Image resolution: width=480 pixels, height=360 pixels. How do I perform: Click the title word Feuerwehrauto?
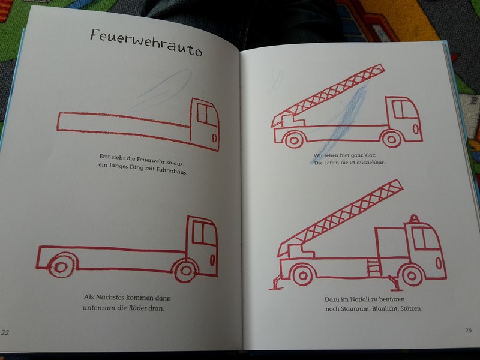(x=146, y=43)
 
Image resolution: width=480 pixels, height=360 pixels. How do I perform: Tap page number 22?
(x=5, y=332)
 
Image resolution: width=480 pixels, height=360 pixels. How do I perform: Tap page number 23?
(x=469, y=331)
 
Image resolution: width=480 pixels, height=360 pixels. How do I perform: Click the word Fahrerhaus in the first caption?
(x=172, y=170)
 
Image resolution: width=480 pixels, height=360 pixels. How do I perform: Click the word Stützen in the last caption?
(x=412, y=308)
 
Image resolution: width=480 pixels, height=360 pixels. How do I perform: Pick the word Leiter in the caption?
(x=331, y=163)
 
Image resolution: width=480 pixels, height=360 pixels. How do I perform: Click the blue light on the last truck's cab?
(x=414, y=218)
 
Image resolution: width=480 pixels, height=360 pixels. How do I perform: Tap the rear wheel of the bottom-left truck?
(x=61, y=265)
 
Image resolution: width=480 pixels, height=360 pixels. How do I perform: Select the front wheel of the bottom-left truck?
(x=185, y=269)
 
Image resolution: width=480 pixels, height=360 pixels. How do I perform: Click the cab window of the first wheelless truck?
(x=206, y=114)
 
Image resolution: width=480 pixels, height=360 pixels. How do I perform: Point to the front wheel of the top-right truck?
(x=392, y=139)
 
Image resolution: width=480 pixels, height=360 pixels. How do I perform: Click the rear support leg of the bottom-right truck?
(x=277, y=283)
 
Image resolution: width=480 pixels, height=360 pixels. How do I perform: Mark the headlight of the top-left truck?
(x=215, y=137)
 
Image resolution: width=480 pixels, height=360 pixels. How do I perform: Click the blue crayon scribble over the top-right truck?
(x=343, y=122)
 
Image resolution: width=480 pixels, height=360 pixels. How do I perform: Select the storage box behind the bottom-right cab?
(x=391, y=242)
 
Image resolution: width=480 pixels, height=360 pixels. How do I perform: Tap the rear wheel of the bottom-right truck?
(x=302, y=275)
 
